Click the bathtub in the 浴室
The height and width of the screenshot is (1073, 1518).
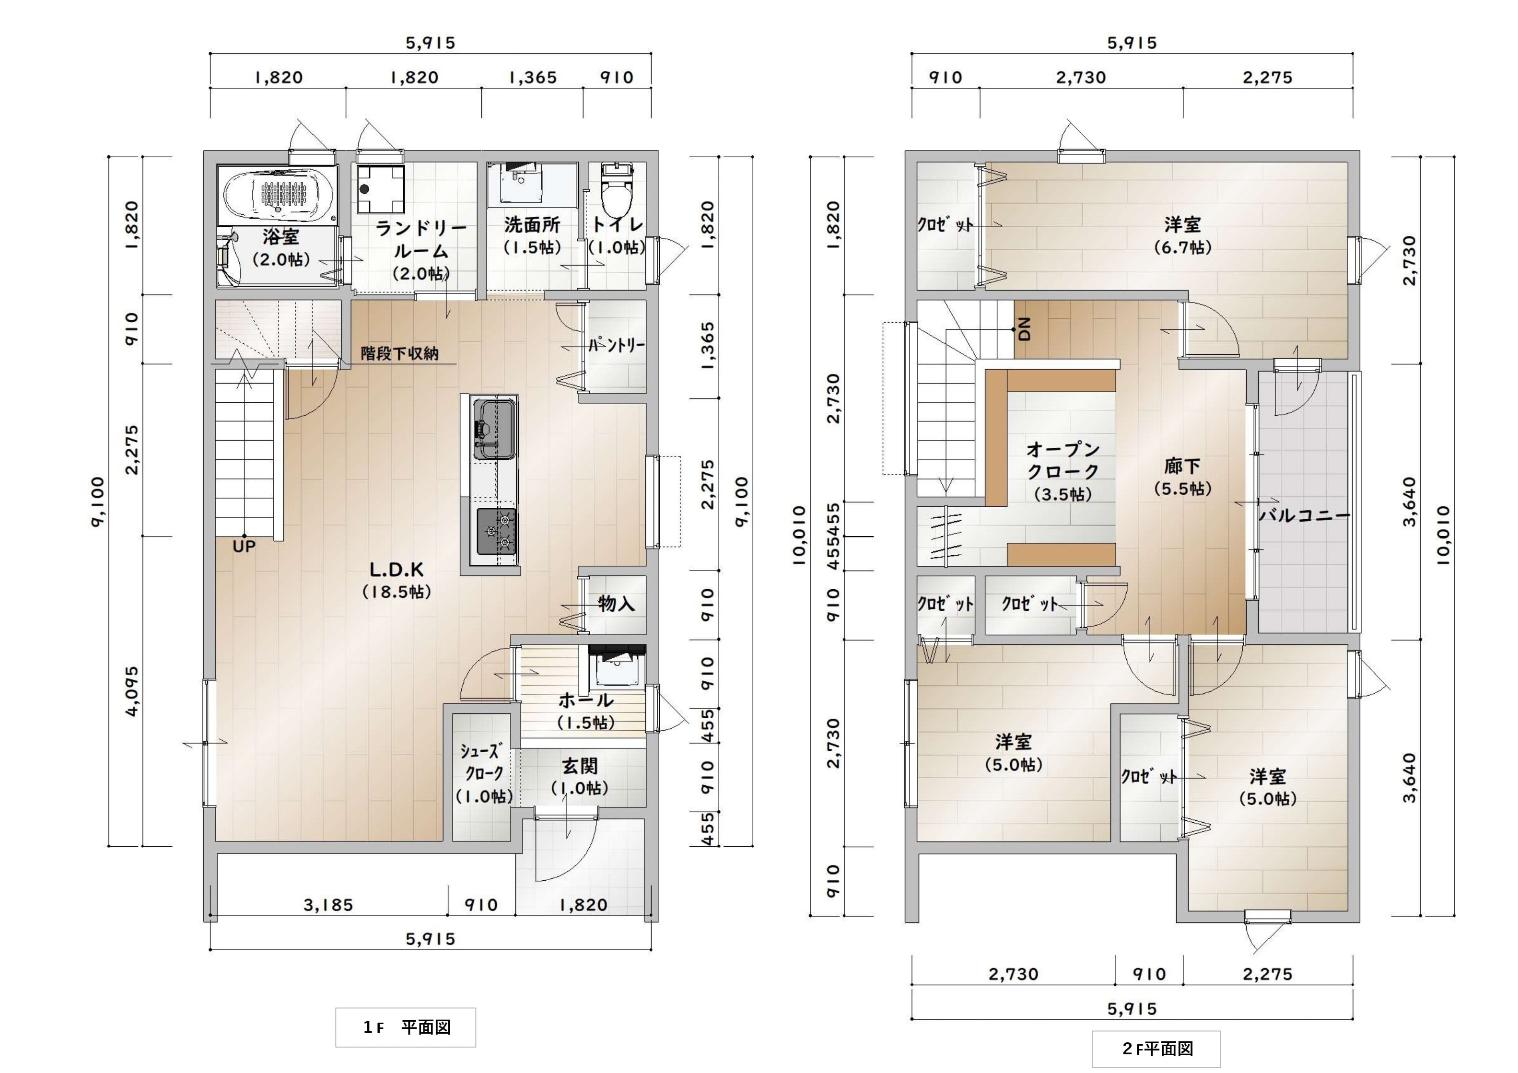[278, 195]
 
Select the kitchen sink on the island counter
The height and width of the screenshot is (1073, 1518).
[494, 430]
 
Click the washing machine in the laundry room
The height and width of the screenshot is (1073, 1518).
[382, 188]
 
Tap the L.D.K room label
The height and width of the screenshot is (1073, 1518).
[397, 580]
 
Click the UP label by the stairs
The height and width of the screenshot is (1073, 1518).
[244, 546]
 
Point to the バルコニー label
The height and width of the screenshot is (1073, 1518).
[1304, 515]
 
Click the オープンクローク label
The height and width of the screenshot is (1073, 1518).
[1063, 471]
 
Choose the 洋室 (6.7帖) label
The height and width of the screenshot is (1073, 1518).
[1183, 235]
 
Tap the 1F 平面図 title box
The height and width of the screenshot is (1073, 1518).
[405, 1026]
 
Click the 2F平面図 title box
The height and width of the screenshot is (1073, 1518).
[1156, 1049]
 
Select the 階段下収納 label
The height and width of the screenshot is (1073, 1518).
[399, 354]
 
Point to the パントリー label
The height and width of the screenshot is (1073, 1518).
[616, 345]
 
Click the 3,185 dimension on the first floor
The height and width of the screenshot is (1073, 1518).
[328, 904]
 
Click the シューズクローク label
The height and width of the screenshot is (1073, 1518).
[484, 773]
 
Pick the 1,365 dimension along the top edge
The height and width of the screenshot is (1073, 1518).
[532, 77]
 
